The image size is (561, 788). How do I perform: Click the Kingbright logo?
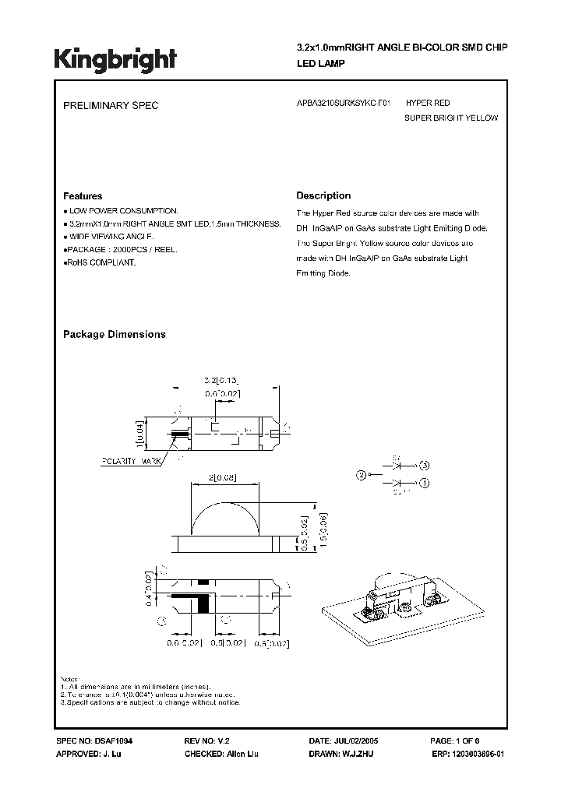click(x=115, y=58)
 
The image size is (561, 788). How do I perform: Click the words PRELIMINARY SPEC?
click(x=110, y=105)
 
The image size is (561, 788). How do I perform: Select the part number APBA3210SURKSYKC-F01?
click(x=344, y=103)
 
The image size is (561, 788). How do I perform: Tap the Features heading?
click(x=82, y=196)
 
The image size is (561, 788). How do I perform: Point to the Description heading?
click(x=323, y=195)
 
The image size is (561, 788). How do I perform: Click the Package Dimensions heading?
click(x=114, y=334)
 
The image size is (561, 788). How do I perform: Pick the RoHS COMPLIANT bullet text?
click(x=101, y=263)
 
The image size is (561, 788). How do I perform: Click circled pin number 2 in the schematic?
click(x=361, y=473)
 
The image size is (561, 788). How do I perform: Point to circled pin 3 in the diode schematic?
click(x=425, y=465)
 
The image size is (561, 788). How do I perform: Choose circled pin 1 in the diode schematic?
click(x=425, y=483)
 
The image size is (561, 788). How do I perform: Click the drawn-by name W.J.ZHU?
click(x=359, y=755)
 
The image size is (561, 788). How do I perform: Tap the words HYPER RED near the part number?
click(x=428, y=103)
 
